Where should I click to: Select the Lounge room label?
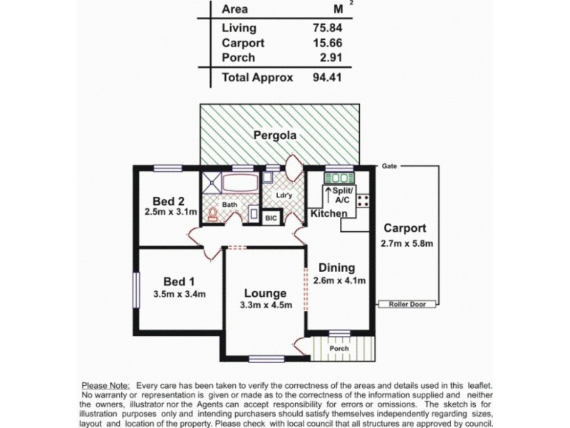click(265, 293)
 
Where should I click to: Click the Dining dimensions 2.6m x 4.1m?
click(339, 280)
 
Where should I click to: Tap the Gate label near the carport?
click(389, 165)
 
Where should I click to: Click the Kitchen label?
click(328, 213)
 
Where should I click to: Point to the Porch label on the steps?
click(338, 349)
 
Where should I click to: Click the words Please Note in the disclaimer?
click(105, 385)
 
